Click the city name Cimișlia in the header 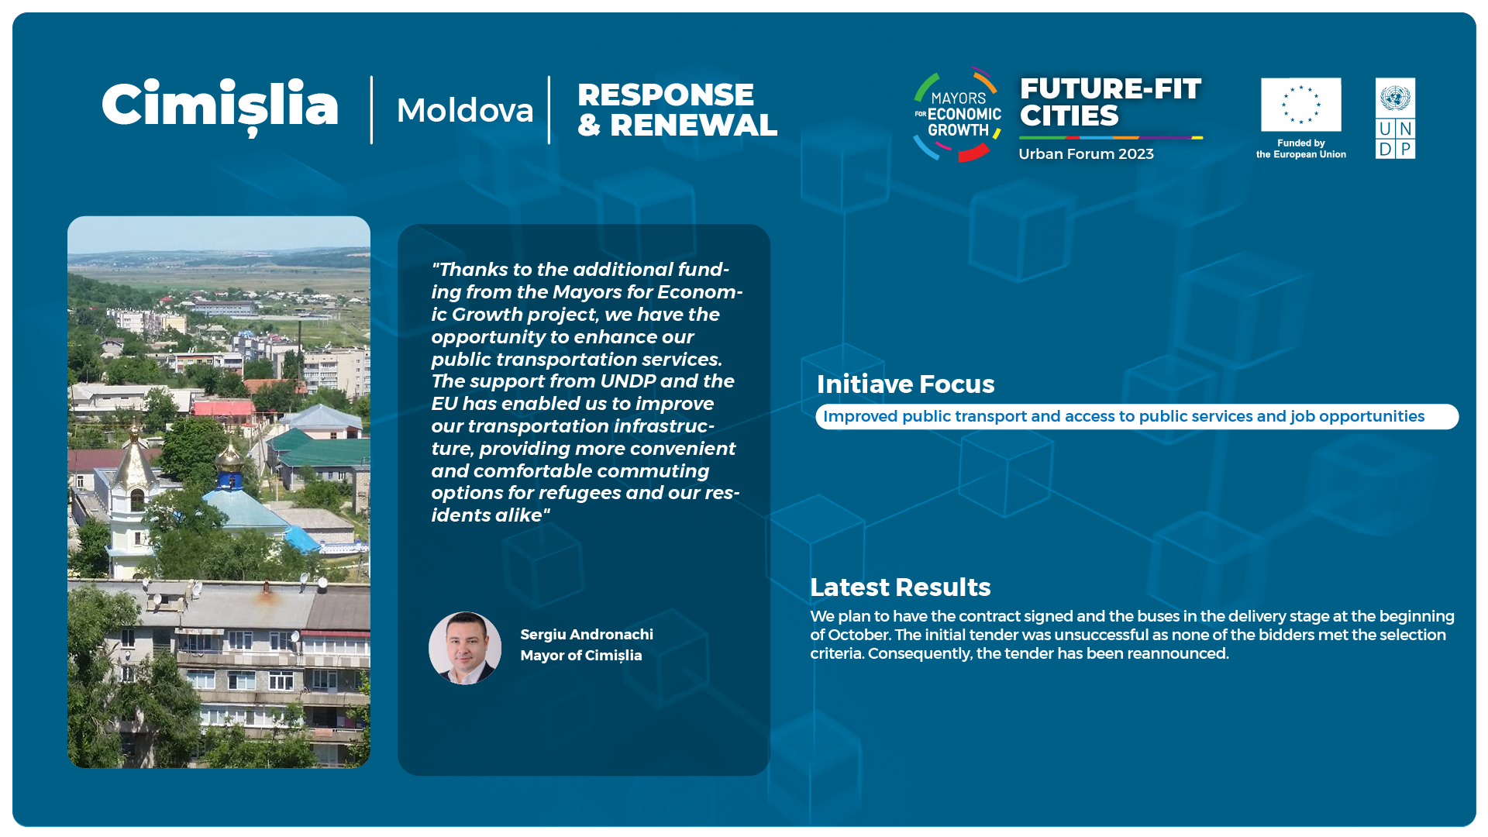(x=220, y=106)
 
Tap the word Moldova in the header (x=465, y=110)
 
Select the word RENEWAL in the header (x=694, y=126)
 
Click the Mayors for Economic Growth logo (x=958, y=114)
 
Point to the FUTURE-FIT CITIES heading (x=1111, y=102)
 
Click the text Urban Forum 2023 (x=1086, y=153)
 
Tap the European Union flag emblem (x=1300, y=105)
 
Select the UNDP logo (x=1395, y=118)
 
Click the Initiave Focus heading (x=905, y=384)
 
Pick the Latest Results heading (x=901, y=587)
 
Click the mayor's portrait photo (x=465, y=648)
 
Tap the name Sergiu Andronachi (x=587, y=635)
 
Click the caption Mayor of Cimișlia (x=581, y=656)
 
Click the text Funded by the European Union (x=1301, y=149)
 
